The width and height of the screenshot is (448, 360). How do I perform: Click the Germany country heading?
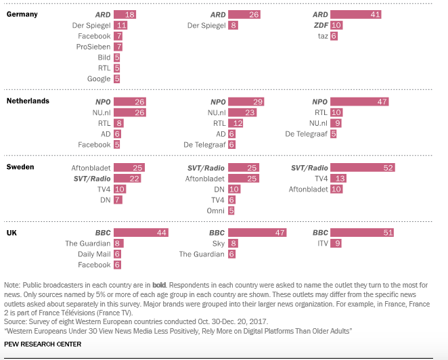[22, 14]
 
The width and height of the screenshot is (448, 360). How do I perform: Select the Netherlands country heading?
[28, 101]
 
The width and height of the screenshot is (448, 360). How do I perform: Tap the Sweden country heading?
[21, 166]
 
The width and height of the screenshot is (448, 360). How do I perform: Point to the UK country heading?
[12, 232]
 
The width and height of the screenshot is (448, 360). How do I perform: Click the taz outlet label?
[322, 36]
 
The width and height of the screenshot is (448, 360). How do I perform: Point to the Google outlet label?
[98, 79]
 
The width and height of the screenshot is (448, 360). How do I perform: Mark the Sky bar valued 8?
[233, 244]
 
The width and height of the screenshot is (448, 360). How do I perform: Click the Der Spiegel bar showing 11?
[120, 25]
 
